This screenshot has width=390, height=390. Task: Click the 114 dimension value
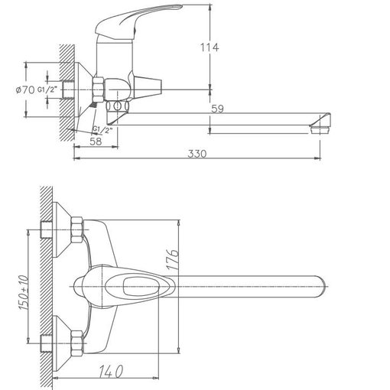pos(210,47)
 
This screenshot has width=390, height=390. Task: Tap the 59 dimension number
pos(217,109)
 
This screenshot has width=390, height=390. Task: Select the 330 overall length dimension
pos(197,154)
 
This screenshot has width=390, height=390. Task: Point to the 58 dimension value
pos(96,141)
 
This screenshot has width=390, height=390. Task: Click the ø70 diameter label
pos(25,89)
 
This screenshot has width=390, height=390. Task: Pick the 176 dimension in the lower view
pos(173,259)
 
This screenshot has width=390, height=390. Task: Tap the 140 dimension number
pos(111,371)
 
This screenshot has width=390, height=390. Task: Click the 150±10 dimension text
pos(23,292)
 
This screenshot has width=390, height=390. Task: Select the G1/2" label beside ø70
pos(47,89)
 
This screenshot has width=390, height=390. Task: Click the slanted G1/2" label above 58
pos(102,130)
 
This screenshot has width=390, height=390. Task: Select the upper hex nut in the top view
pos(76,229)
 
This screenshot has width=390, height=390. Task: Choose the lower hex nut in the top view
pos(76,343)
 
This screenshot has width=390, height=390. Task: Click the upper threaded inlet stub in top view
pos(46,229)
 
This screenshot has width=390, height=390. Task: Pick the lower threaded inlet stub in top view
pos(46,343)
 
